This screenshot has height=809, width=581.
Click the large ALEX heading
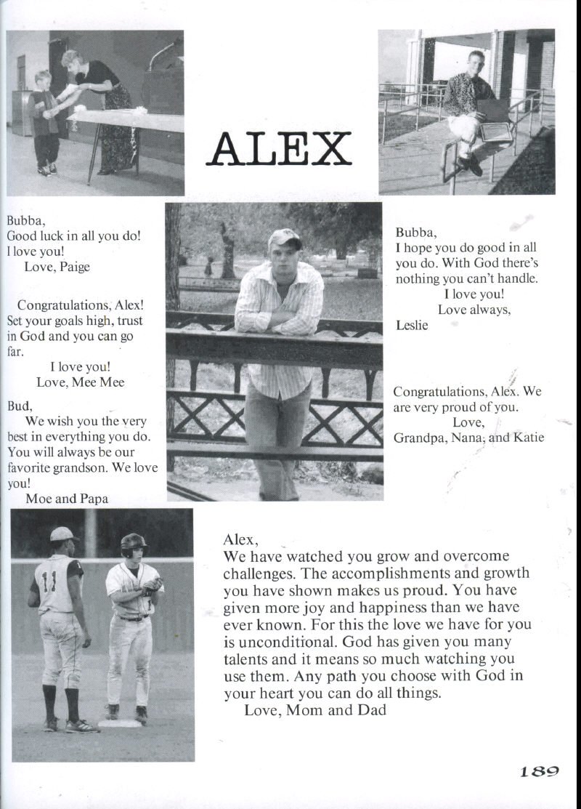pyautogui.click(x=279, y=149)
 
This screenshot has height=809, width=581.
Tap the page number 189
pyautogui.click(x=538, y=772)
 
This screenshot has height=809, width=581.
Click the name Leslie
pyautogui.click(x=413, y=325)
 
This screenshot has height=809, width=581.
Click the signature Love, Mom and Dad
pyautogui.click(x=314, y=710)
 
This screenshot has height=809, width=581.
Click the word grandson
pyautogui.click(x=73, y=467)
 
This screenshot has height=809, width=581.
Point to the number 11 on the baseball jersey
pyautogui.click(x=49, y=582)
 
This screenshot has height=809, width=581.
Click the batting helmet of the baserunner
pyautogui.click(x=133, y=542)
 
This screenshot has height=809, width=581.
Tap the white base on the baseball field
pyautogui.click(x=121, y=723)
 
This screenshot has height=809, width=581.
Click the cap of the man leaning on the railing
pyautogui.click(x=284, y=238)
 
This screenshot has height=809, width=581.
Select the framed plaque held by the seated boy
pyautogui.click(x=497, y=132)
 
